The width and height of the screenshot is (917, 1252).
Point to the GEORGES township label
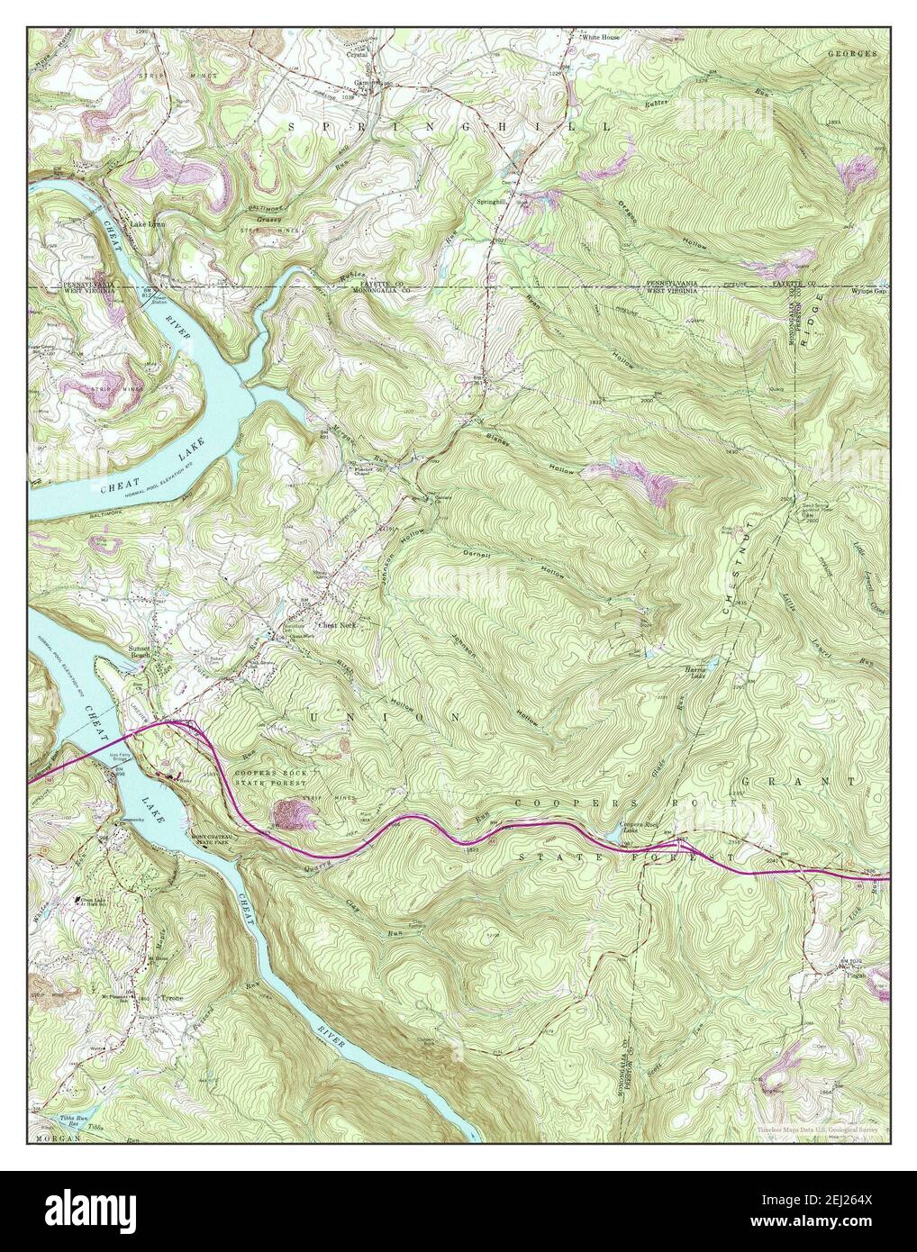[852, 54]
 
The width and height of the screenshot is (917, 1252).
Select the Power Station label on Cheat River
[159, 299]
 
